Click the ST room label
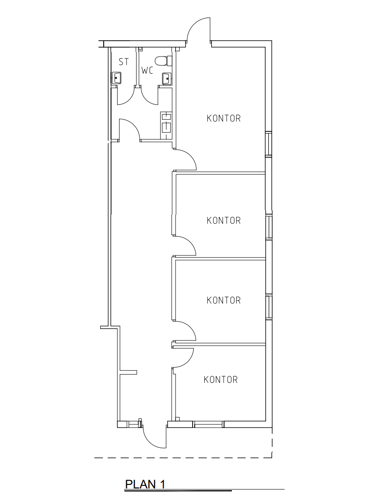(x=124, y=62)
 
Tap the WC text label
(x=147, y=71)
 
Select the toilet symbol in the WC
(x=164, y=61)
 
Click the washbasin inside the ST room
(x=116, y=78)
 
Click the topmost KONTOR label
(x=224, y=118)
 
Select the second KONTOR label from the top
(x=224, y=221)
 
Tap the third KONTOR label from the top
(x=224, y=300)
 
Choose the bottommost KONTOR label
(x=221, y=380)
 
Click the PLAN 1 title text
(x=145, y=484)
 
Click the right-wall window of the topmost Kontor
(x=269, y=144)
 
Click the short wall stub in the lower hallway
(x=128, y=372)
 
